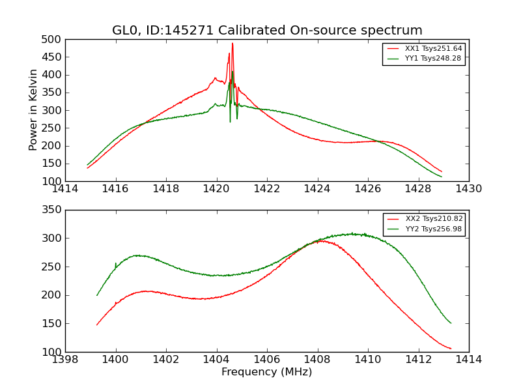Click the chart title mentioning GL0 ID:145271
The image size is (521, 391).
[x=267, y=31]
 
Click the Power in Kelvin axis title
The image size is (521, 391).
[x=33, y=110]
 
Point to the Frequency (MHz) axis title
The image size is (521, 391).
[x=267, y=372]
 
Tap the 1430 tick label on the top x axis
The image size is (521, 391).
[x=468, y=189]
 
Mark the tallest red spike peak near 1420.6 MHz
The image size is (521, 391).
[x=232, y=43]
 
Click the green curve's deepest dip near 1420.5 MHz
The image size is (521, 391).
[x=230, y=122]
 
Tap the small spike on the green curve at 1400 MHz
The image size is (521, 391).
[x=116, y=263]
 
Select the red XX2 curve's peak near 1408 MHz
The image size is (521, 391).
[x=320, y=240]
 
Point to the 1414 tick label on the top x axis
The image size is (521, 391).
[x=65, y=189]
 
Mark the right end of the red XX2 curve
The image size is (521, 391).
[x=451, y=349]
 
